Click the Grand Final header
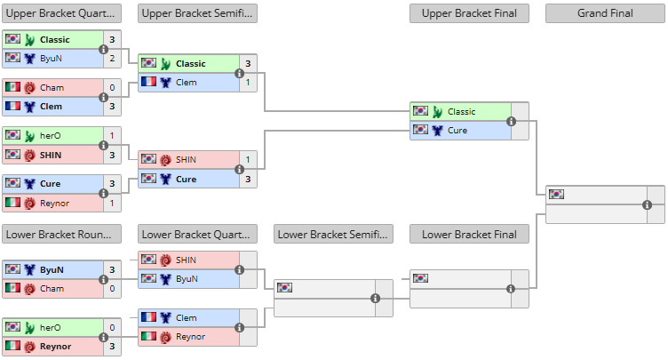click(x=605, y=13)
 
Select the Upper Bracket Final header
click(x=469, y=13)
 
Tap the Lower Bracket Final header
click(x=469, y=234)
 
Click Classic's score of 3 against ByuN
click(x=112, y=40)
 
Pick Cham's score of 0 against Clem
click(x=112, y=87)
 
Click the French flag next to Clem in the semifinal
click(x=148, y=81)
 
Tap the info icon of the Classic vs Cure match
click(x=512, y=121)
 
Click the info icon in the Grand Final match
click(x=647, y=204)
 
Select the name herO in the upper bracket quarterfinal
click(x=51, y=136)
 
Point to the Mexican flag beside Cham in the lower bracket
click(x=12, y=287)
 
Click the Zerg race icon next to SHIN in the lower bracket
click(x=166, y=260)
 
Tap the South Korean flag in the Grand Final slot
click(x=556, y=195)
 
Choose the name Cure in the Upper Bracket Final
click(x=457, y=131)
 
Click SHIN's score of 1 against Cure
click(x=248, y=159)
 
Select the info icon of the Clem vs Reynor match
click(x=240, y=328)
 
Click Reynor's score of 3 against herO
click(x=112, y=347)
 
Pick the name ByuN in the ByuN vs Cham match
click(x=52, y=269)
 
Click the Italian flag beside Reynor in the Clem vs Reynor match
click(x=148, y=336)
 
